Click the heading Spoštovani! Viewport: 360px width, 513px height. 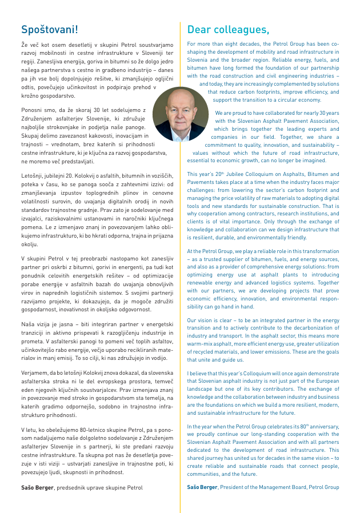coord(50,29)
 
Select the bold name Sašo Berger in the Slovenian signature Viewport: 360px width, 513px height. coord(41,487)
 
